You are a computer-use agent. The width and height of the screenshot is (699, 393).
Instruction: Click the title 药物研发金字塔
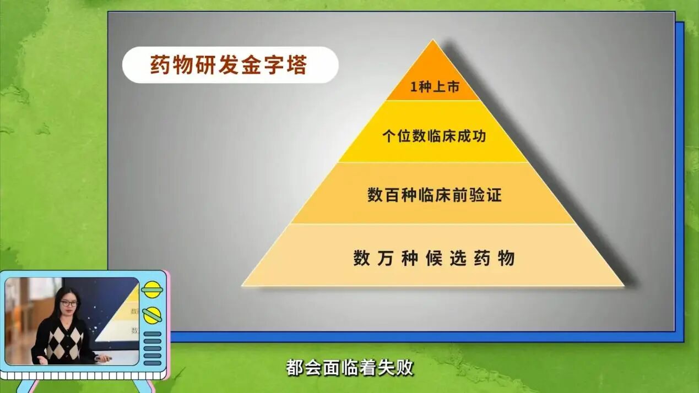(x=229, y=65)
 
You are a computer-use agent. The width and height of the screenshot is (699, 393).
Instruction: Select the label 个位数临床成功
(x=434, y=136)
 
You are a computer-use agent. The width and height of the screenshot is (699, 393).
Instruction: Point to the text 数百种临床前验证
(x=434, y=195)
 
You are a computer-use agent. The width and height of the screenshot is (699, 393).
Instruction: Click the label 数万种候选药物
(x=434, y=258)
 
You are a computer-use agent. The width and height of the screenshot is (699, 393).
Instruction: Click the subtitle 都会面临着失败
(x=349, y=368)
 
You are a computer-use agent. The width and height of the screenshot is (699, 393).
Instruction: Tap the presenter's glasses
(x=69, y=303)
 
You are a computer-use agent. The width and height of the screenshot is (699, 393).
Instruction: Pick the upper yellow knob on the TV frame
(x=152, y=290)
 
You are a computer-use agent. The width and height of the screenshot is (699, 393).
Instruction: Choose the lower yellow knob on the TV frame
(x=152, y=315)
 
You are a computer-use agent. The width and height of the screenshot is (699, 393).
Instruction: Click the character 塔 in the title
(x=297, y=65)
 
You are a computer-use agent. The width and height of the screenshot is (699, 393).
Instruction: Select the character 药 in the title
(x=160, y=65)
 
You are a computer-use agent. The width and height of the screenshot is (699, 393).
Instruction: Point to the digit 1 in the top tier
(x=414, y=87)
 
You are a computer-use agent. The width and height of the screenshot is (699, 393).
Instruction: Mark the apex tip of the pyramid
(x=433, y=40)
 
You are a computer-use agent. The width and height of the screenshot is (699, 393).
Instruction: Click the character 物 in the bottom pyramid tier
(x=506, y=258)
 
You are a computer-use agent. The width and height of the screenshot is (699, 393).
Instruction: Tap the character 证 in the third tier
(x=494, y=195)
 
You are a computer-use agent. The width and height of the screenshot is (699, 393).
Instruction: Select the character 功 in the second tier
(x=479, y=136)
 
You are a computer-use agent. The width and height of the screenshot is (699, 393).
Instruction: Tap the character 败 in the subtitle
(x=405, y=368)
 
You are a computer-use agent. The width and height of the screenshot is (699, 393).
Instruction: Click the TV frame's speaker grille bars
(x=153, y=348)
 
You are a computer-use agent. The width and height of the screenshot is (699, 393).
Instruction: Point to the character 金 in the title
(x=251, y=65)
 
